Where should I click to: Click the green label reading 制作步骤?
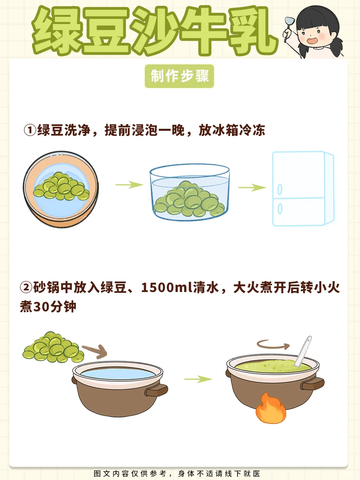179,76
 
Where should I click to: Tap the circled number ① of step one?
30,130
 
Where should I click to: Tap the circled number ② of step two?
26,287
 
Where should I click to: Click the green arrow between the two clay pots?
198,379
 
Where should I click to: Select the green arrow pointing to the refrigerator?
252,188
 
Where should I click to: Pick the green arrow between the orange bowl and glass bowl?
129,184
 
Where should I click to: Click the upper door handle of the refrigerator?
280,189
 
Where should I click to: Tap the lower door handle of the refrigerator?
280,208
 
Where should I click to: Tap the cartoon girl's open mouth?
312,41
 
